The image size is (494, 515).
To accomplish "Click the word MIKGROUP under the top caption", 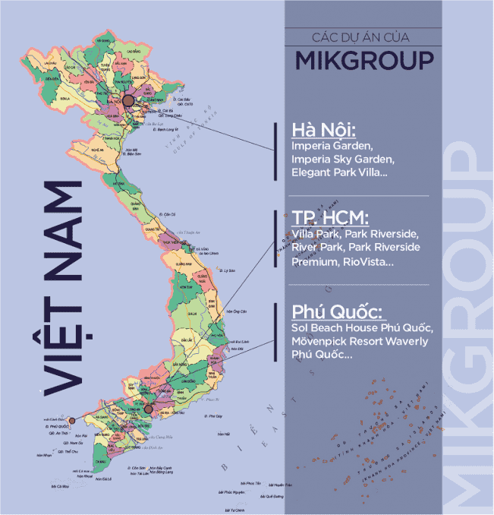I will (364, 59).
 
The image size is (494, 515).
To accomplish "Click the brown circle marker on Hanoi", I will (128, 100).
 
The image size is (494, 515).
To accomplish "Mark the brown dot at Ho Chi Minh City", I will (149, 409).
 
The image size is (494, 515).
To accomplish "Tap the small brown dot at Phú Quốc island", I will (71, 419).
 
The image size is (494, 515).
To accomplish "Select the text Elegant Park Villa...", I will (337, 173).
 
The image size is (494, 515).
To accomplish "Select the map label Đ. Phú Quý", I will (213, 416).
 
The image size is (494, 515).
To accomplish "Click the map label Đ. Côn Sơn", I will (137, 468).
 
